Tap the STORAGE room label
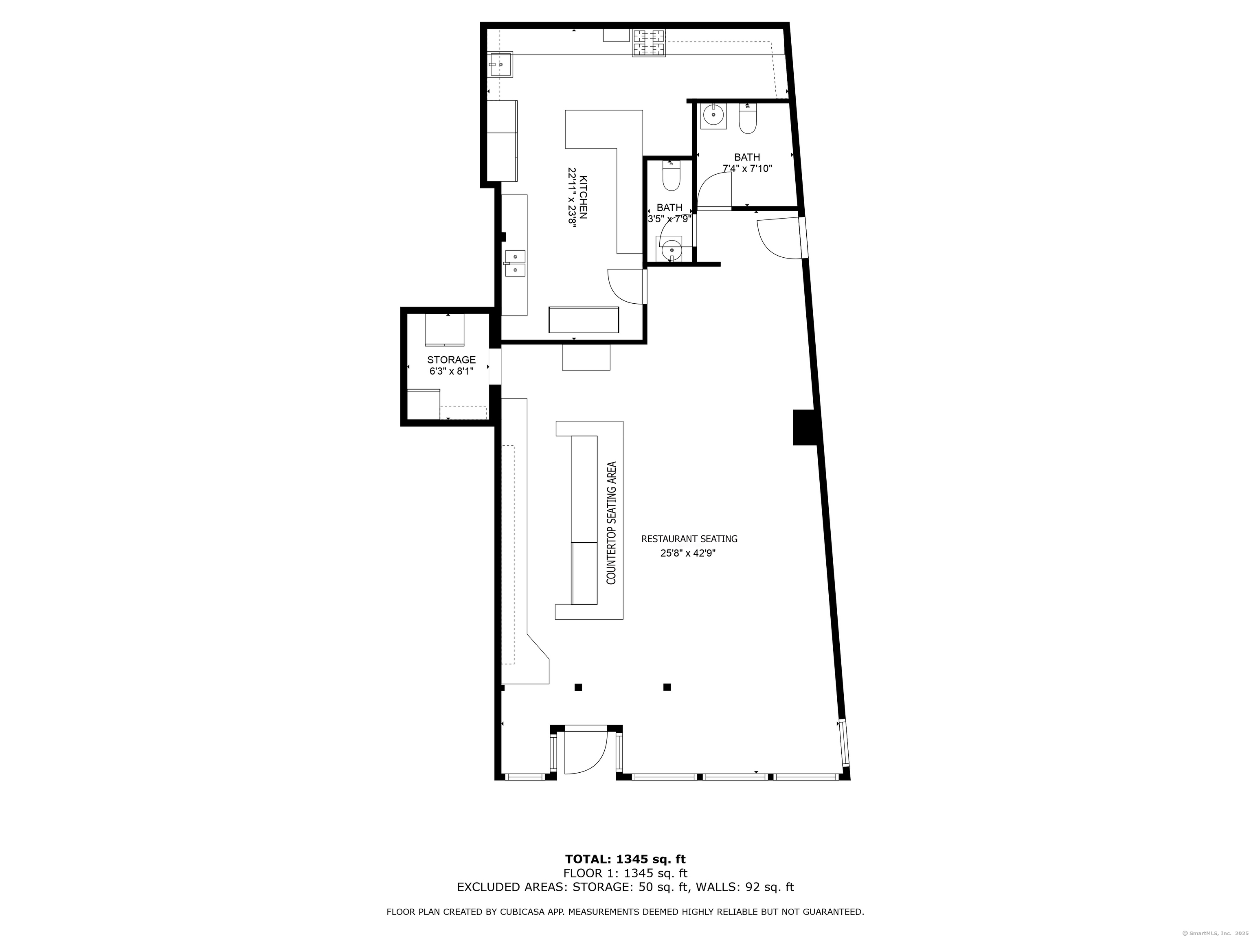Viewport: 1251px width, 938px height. pos(451,359)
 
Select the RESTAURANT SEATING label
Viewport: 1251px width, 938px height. pos(689,539)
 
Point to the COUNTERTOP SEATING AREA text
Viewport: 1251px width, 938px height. pos(611,523)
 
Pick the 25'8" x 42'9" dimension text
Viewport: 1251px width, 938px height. pos(688,554)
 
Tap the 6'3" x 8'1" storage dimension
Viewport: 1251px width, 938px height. pos(451,371)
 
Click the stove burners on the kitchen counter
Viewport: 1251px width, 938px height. pos(649,43)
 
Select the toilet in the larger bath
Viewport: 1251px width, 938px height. pos(747,119)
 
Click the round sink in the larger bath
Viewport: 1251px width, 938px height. pos(714,116)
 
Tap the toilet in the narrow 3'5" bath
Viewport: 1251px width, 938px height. pos(671,177)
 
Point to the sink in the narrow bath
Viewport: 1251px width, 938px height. pos(671,249)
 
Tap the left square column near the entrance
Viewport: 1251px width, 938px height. pos(578,688)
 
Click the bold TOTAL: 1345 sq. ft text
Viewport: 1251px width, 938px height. pos(625,859)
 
